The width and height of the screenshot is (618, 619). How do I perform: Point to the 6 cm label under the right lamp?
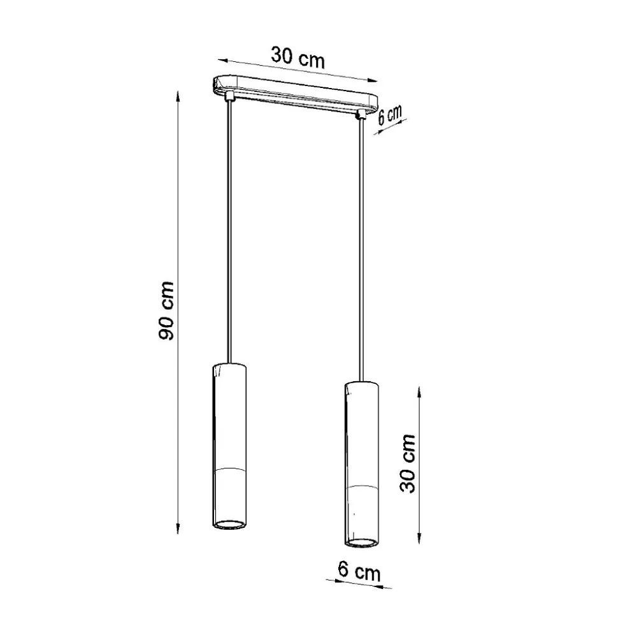[x=359, y=571]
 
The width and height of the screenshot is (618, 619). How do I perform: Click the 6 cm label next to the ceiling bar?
[x=389, y=114]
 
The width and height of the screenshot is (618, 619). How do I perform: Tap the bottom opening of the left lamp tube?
[x=229, y=525]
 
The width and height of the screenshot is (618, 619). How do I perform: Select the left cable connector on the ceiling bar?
[x=229, y=96]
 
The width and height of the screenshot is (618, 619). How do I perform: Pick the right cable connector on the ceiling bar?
[x=361, y=115]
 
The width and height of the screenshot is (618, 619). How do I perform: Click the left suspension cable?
[x=229, y=231]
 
